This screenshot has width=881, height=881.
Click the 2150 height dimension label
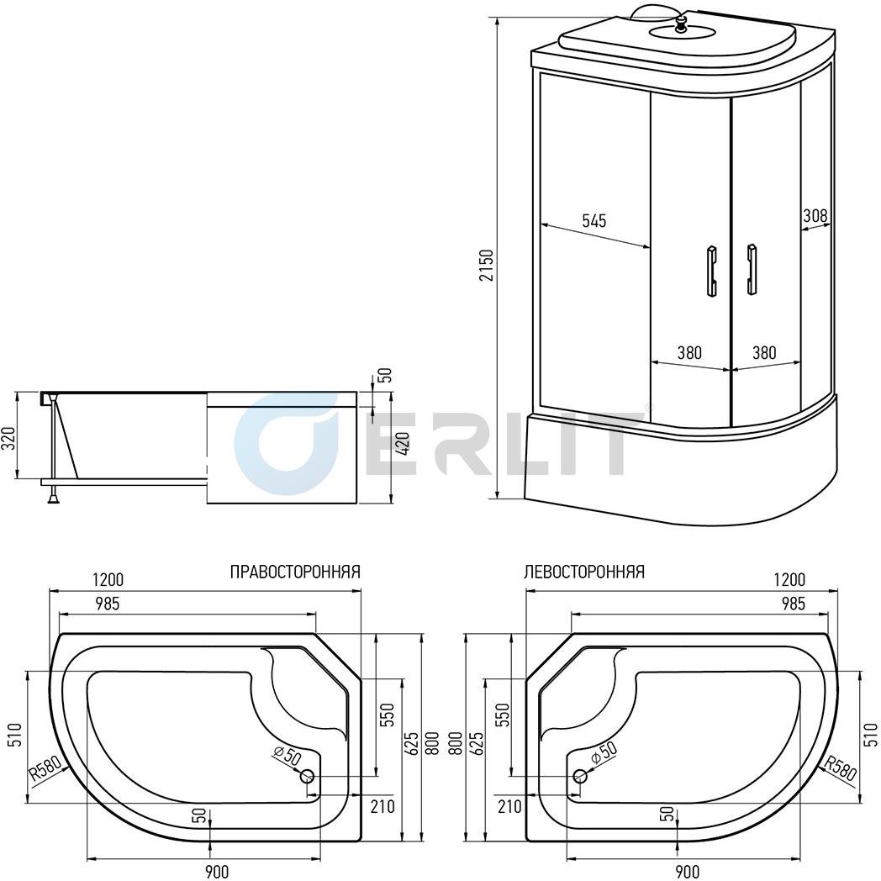(x=487, y=265)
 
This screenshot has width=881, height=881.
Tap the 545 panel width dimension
(x=593, y=221)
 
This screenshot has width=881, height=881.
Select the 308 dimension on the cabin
(x=815, y=216)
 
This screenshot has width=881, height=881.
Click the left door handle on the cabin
(x=711, y=270)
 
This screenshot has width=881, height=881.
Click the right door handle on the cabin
(x=752, y=269)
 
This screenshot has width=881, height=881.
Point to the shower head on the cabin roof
(x=682, y=24)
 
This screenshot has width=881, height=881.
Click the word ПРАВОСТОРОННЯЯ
(x=296, y=572)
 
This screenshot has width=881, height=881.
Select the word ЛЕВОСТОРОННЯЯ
(x=583, y=572)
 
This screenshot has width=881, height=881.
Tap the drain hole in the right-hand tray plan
(x=307, y=777)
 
